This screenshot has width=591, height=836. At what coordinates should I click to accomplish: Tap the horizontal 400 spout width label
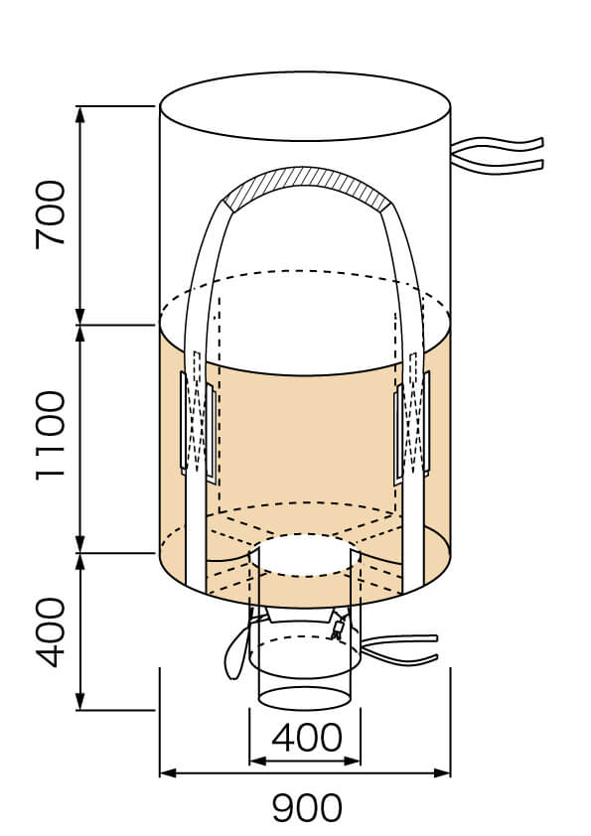tap(306, 738)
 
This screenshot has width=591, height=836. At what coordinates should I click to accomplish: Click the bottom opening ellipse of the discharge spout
tap(306, 696)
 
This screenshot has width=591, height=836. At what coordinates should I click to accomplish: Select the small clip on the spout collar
tap(339, 627)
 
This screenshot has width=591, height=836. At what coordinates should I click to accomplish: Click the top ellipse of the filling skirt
tap(305, 105)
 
